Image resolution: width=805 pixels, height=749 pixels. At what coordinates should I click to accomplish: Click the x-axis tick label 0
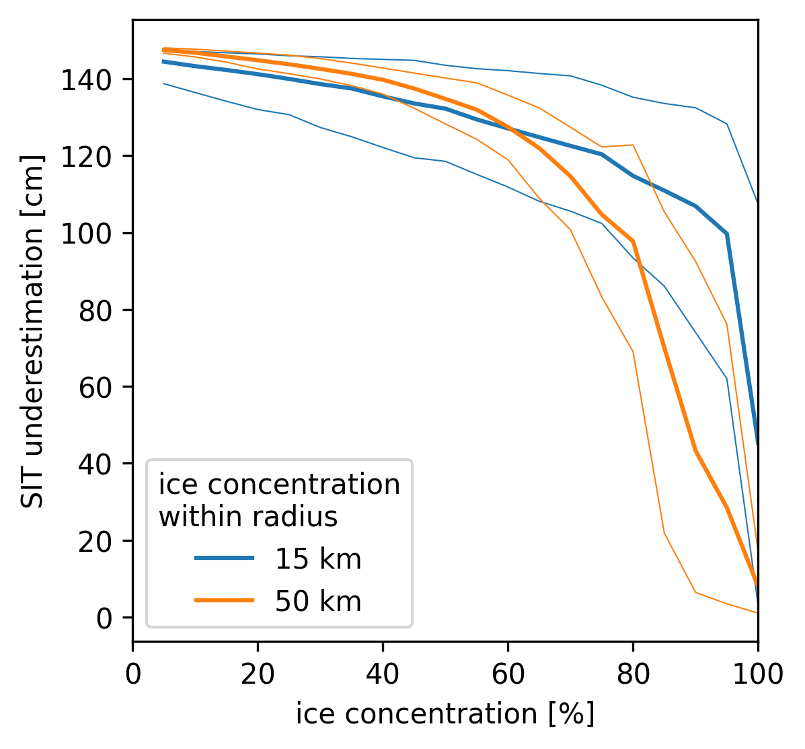[133, 673]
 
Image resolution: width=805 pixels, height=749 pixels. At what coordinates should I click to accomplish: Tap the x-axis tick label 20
[258, 673]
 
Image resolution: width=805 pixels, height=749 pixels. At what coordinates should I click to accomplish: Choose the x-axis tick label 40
[383, 673]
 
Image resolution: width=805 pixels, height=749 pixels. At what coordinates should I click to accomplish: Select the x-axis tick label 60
[508, 673]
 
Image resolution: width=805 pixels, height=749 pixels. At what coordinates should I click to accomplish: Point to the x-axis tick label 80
[633, 673]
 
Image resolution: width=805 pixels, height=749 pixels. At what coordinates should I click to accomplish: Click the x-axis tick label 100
[757, 673]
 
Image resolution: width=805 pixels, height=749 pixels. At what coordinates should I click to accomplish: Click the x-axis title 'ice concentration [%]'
[445, 714]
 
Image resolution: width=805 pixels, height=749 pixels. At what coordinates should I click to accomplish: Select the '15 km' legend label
[317, 559]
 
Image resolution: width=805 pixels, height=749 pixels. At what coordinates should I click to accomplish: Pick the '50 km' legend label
[317, 601]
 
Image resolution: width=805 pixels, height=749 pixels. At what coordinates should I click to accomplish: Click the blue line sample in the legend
[224, 558]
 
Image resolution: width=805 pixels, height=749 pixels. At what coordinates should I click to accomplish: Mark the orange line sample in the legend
[224, 600]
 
